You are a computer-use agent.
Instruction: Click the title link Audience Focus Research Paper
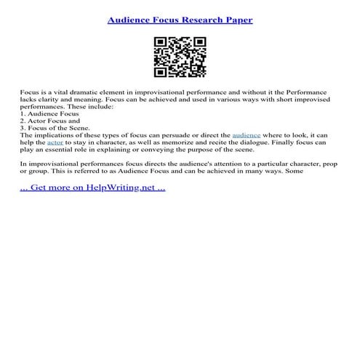pyautogui.click(x=180, y=20)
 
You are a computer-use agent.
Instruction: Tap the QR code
pyautogui.click(x=180, y=56)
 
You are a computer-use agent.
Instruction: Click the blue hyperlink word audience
pyautogui.click(x=246, y=136)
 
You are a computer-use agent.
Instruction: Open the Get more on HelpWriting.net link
pyautogui.click(x=92, y=187)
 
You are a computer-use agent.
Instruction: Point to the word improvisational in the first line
pyautogui.click(x=156, y=94)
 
